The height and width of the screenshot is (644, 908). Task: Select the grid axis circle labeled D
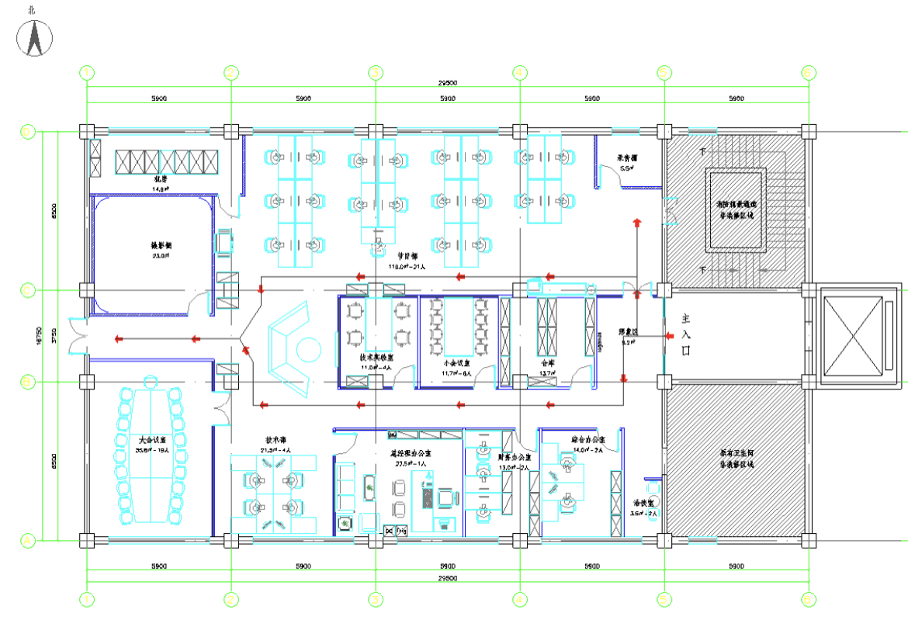point(27,132)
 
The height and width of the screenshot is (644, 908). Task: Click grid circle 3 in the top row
point(376,73)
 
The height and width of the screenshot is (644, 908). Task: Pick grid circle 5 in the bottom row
point(664,599)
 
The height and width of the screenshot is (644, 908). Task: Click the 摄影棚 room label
point(161,245)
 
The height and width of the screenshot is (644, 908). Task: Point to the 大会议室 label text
point(151,440)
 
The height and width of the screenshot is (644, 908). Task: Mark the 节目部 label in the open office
point(407,256)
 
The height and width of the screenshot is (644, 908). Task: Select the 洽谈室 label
point(644,503)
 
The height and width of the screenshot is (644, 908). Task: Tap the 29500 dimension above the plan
point(447,82)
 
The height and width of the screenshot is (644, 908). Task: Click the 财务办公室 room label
point(515,458)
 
